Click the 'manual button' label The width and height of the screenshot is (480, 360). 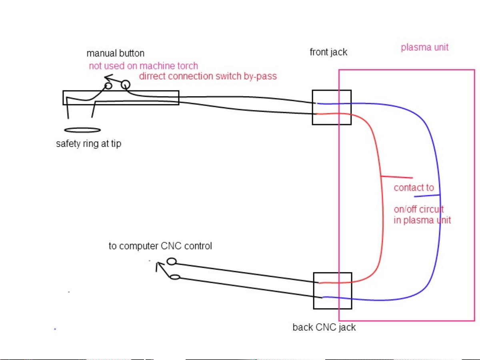pos(115,53)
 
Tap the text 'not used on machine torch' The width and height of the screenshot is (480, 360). pos(143,66)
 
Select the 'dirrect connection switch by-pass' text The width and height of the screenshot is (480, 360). pos(208,76)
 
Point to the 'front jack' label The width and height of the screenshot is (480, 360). pos(328,52)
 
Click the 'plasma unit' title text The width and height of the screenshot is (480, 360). pos(424,47)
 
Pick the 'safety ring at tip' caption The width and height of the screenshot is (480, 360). pos(88,144)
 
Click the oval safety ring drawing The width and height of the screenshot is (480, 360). pos(82,130)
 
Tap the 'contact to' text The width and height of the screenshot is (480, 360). pos(414,188)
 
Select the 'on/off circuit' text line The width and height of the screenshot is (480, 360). pos(418,210)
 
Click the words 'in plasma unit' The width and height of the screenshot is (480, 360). pos(422,220)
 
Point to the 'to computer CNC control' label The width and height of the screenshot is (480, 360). pos(160,246)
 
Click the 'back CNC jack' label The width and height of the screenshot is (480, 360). pos(324,327)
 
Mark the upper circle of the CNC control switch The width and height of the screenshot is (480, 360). pos(172,262)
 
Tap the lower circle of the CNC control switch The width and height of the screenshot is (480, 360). pos(175,277)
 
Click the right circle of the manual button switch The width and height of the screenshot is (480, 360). pos(125,84)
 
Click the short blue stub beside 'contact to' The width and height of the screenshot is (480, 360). pos(427,196)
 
